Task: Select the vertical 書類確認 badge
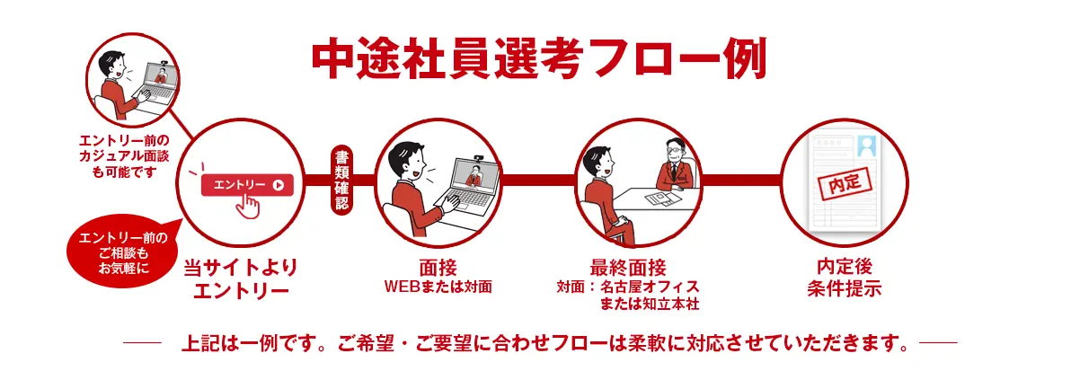(341, 179)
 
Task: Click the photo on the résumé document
(867, 146)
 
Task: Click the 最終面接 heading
(628, 268)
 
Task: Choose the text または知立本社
(651, 305)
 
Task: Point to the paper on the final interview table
(663, 198)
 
